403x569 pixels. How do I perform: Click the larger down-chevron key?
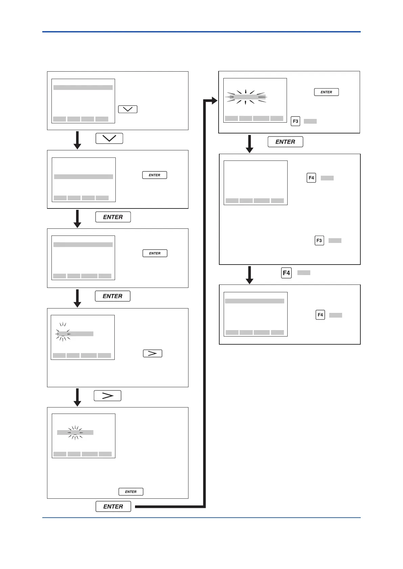[109, 139]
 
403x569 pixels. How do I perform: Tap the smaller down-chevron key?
[128, 109]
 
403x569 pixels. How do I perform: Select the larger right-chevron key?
[107, 396]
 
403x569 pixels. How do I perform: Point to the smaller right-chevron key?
[153, 353]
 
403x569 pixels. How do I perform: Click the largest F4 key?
[286, 273]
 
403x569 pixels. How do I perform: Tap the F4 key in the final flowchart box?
[320, 315]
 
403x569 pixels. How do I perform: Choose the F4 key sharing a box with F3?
[311, 178]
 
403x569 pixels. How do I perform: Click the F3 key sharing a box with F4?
[319, 241]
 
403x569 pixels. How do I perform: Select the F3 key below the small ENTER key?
[295, 121]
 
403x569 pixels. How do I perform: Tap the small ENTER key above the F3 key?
[326, 92]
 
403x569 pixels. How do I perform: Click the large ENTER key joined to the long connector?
[113, 506]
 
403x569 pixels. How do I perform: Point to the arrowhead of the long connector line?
[214, 100]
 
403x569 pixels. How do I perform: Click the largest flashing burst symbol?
[246, 97]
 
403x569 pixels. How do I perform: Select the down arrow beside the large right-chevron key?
[77, 397]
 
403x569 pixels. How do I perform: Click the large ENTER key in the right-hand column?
[285, 142]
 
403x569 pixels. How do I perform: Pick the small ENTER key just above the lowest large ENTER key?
[131, 492]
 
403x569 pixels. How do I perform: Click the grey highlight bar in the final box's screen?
[254, 301]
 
